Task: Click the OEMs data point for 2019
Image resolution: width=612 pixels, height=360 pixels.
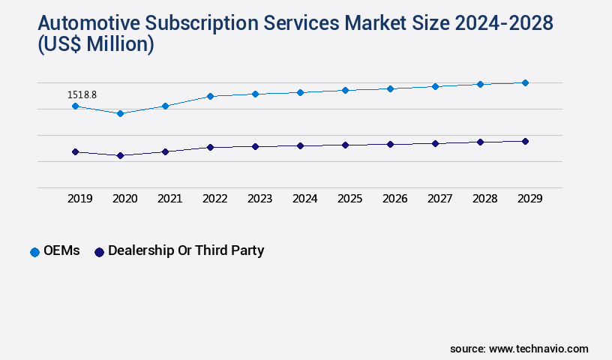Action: tap(75, 106)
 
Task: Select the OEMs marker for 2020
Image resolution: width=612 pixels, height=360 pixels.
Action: tap(120, 113)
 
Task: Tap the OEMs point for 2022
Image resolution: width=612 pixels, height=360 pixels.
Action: tap(210, 96)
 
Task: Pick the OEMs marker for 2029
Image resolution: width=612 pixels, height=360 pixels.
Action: tap(525, 82)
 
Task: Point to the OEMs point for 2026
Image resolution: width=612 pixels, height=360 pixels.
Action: tap(390, 88)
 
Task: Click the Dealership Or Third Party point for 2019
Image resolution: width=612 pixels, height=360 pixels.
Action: tap(75, 151)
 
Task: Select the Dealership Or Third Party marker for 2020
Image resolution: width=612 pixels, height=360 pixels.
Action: tap(120, 155)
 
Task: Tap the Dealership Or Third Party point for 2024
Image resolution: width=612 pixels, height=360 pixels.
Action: tap(300, 145)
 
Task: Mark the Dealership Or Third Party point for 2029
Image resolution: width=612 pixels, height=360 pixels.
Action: tap(525, 141)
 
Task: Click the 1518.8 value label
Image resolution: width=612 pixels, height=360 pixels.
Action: tap(82, 94)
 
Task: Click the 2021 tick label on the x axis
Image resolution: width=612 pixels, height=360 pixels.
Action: tap(169, 199)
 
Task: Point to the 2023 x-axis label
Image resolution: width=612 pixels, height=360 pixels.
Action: tap(259, 199)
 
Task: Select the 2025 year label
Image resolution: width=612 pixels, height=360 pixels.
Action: tap(349, 199)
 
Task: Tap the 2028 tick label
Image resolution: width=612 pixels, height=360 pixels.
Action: tap(484, 199)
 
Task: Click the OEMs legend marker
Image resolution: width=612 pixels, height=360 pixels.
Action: tap(34, 252)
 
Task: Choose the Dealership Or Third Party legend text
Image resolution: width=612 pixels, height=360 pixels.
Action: tap(186, 251)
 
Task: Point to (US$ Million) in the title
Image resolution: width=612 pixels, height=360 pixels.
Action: tap(95, 45)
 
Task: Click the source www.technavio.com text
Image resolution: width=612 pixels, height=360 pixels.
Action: tap(519, 349)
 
